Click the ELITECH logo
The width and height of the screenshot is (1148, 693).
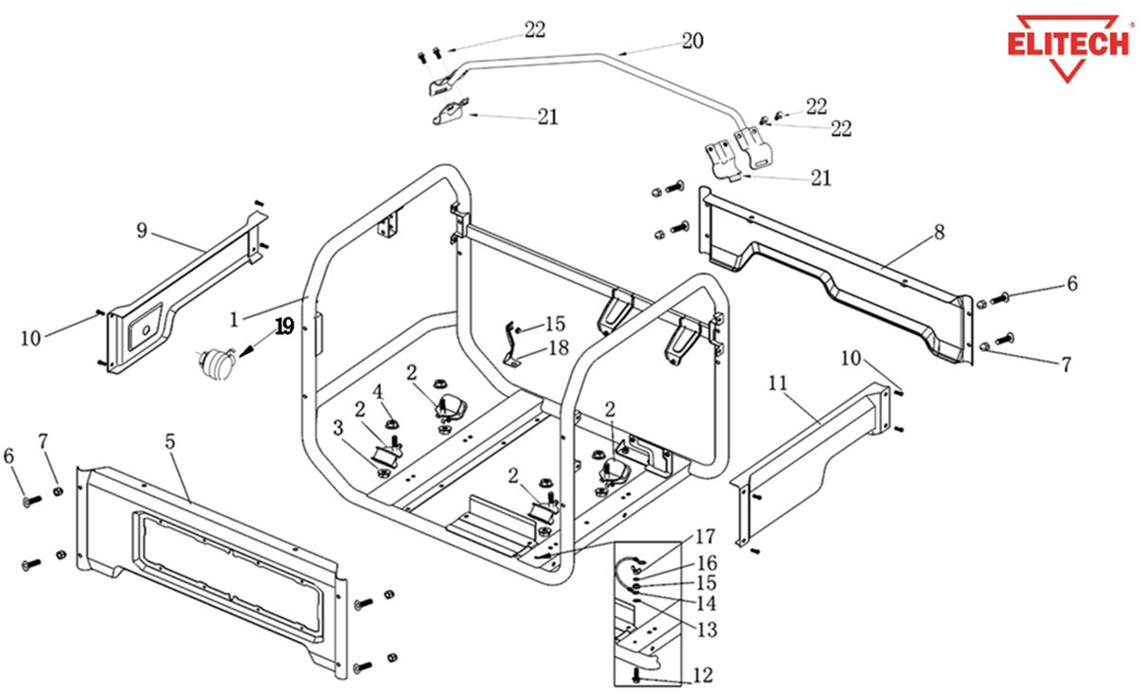(x=1068, y=45)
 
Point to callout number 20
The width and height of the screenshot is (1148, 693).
(x=692, y=41)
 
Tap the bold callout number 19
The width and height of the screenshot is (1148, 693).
(x=285, y=327)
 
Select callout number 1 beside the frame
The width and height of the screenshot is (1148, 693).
(x=234, y=318)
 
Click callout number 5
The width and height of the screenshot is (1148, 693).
(x=170, y=441)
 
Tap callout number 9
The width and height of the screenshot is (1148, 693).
(x=142, y=230)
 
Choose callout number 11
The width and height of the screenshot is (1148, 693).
(x=778, y=382)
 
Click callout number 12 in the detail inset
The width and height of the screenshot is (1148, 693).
(x=702, y=676)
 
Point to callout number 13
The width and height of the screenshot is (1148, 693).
(x=706, y=630)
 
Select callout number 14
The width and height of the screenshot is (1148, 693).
(x=706, y=603)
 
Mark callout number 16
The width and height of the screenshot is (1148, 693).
(x=707, y=563)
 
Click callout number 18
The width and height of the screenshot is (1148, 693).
(x=558, y=347)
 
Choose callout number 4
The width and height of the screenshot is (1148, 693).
(x=377, y=390)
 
